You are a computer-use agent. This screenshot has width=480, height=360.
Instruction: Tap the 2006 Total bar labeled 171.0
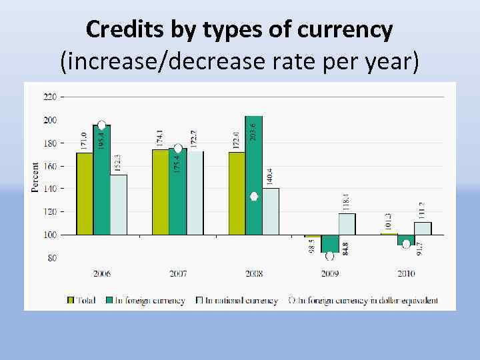tap(84, 193)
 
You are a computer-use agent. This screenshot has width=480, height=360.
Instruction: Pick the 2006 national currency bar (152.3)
tap(119, 204)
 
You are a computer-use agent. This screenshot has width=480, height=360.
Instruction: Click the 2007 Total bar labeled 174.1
tap(160, 192)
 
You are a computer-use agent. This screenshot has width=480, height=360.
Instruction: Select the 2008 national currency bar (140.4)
tap(271, 211)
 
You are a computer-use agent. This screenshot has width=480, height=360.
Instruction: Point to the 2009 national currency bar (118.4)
tap(347, 224)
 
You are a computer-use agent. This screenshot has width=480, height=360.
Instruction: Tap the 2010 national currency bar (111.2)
tap(423, 228)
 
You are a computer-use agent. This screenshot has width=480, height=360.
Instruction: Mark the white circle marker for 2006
tap(101, 125)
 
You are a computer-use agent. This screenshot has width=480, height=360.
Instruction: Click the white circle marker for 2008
tap(254, 197)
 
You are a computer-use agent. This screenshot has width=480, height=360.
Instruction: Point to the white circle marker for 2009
tap(329, 256)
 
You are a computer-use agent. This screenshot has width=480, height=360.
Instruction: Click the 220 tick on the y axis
tap(50, 97)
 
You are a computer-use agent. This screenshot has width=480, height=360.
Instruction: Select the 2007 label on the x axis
tap(178, 273)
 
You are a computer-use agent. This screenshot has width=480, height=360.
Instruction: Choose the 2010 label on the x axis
tap(406, 273)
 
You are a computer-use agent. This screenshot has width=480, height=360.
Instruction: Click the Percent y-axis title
tap(35, 177)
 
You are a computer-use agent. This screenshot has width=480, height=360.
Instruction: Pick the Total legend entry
tap(83, 301)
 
